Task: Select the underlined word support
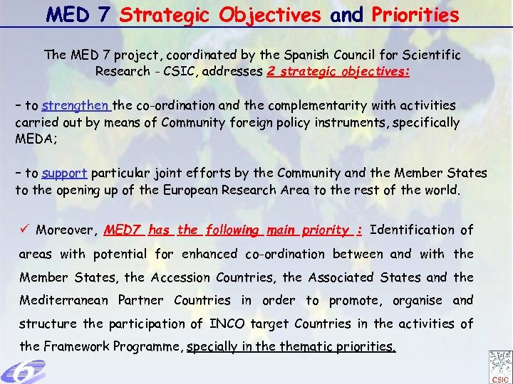pos(64,173)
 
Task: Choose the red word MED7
pos(124,230)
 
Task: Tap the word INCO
pos(227,324)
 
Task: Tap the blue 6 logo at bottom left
pos(21,370)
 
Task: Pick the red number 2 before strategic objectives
pos(271,71)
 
